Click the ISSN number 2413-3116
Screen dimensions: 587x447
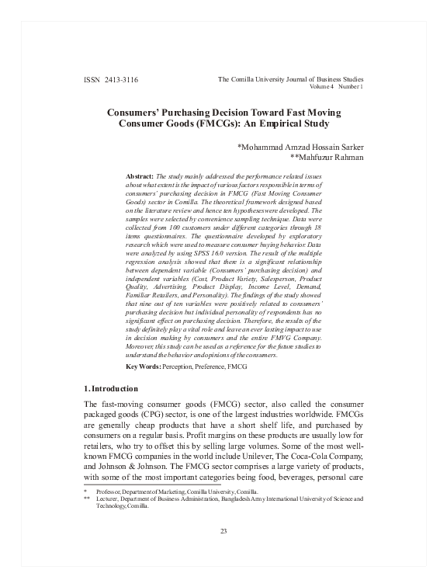click(124, 81)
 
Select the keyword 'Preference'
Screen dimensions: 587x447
click(208, 364)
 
